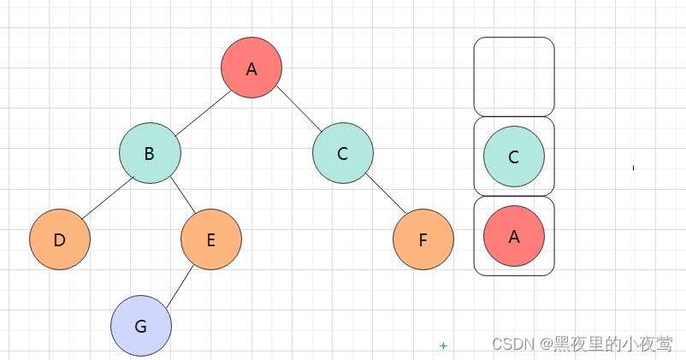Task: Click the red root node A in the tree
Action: tap(251, 68)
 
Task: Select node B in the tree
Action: tap(150, 154)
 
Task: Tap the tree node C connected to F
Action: tap(342, 154)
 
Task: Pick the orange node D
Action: tap(60, 239)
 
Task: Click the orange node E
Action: tap(211, 239)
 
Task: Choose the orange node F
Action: tap(423, 239)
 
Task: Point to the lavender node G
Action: tap(141, 326)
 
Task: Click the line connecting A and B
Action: tap(203, 110)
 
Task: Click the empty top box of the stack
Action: tap(514, 76)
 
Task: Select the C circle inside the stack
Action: tap(514, 157)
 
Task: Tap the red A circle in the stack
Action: tap(514, 236)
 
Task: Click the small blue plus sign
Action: tap(443, 345)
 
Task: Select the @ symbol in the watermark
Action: tap(545, 344)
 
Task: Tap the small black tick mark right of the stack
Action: tap(633, 168)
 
